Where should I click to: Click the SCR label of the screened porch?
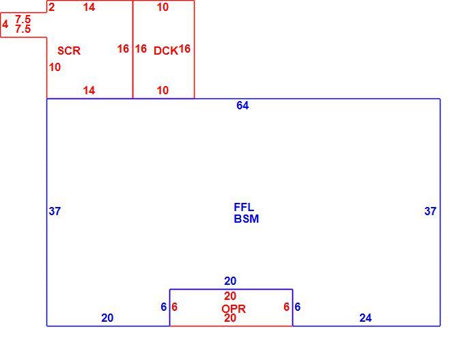69,51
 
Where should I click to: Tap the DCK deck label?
166,51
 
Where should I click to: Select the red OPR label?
234,309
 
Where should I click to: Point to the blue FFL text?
244,208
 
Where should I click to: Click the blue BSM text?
247,219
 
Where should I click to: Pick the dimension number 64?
242,105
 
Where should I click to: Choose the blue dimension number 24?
365,318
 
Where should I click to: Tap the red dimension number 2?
51,8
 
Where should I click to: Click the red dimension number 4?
5,24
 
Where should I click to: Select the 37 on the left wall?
55,211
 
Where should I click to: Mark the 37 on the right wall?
430,211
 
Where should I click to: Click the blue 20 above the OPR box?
230,281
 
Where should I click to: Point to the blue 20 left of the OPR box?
107,318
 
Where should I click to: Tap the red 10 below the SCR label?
55,68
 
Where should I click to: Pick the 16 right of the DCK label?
184,49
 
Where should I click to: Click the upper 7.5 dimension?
23,19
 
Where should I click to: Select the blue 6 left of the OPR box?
163,307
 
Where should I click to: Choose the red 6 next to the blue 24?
287,307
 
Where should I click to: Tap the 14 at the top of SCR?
89,8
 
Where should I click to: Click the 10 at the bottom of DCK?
163,90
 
